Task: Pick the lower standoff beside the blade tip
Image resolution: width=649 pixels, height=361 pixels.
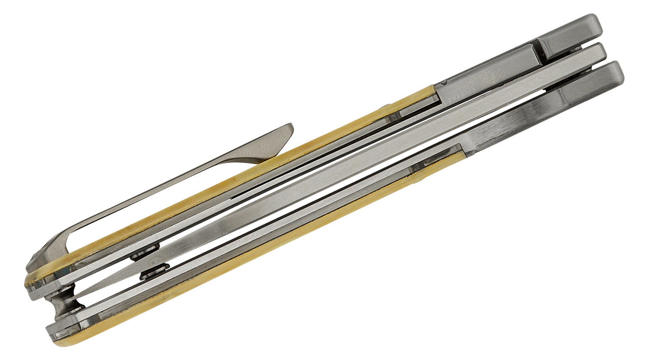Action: pyautogui.click(x=153, y=273)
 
